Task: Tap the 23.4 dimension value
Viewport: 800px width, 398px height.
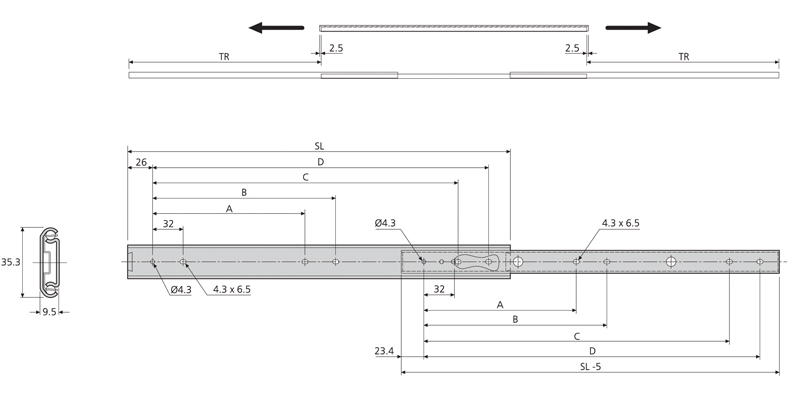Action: point(384,351)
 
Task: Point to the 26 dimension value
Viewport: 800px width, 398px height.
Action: point(141,162)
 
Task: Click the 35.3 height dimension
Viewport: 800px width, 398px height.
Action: point(10,263)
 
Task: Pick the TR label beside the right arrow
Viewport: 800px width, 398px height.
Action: point(683,58)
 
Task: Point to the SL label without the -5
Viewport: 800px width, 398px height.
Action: point(319,146)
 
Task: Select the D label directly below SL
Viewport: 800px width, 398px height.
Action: point(320,161)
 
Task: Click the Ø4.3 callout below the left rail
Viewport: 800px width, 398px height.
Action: point(181,289)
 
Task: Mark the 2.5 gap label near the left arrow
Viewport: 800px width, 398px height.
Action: point(335,47)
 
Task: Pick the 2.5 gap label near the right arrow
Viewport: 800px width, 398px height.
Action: point(572,47)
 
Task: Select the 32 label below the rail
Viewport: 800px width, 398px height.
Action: point(439,288)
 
